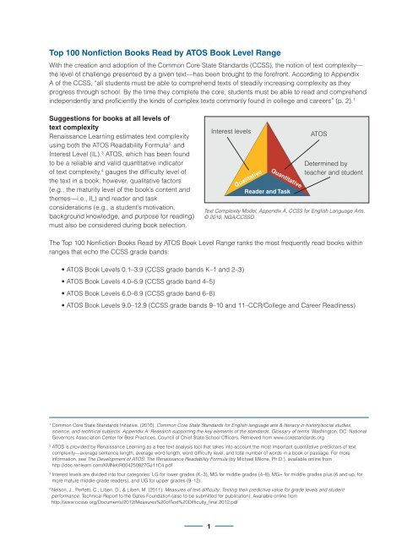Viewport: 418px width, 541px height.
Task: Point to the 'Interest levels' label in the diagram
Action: (231, 132)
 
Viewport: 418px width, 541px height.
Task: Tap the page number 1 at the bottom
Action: (209, 526)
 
